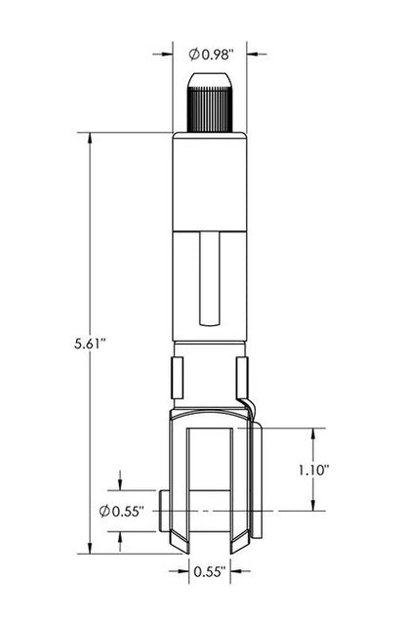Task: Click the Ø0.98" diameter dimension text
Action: click(x=209, y=54)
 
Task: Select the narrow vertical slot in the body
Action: click(x=210, y=279)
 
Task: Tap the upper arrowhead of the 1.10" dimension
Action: click(x=313, y=433)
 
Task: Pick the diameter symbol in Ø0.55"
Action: click(x=104, y=511)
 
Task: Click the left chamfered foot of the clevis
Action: click(x=181, y=540)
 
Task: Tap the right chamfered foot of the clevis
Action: click(x=238, y=540)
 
